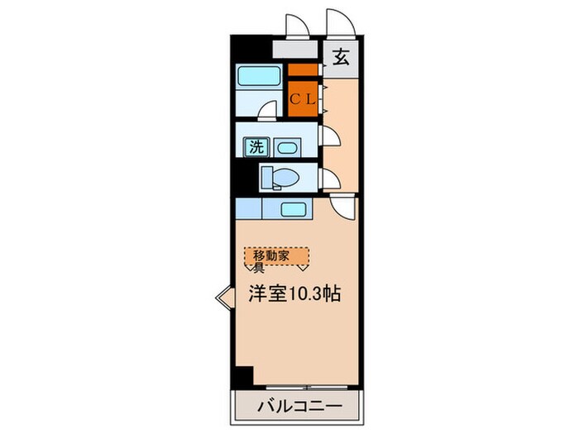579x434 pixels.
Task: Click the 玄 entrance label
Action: (341, 59)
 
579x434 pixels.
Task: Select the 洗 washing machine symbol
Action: (256, 148)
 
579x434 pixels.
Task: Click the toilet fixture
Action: (278, 177)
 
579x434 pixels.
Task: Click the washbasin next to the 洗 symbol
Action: (286, 148)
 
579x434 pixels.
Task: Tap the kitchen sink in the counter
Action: (293, 208)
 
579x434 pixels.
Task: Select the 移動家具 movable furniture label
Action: (276, 258)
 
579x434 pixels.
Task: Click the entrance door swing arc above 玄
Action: (340, 25)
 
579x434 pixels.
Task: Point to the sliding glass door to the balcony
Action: (306, 387)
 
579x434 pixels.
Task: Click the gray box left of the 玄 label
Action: (294, 50)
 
